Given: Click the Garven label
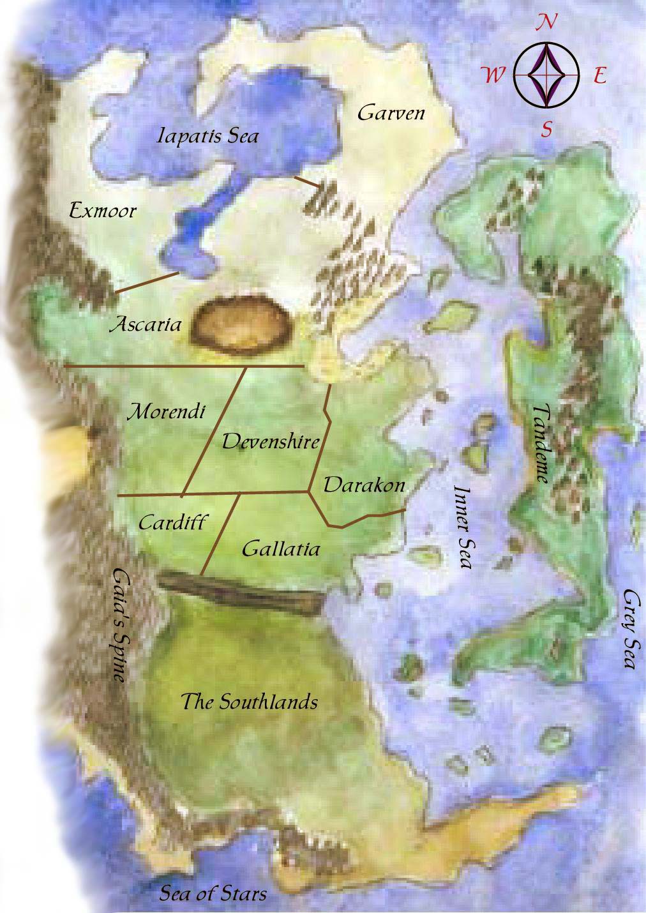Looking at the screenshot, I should coord(391,114).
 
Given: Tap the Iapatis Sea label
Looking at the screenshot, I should coord(208,136).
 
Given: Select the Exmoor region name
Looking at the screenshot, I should coord(103,210).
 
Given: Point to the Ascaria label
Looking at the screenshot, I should coord(146,324).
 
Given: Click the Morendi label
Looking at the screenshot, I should coord(167,412).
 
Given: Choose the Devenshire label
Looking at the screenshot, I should coord(270,441).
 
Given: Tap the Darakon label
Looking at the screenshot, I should coord(364,485).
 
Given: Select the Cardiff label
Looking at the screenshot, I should coord(172,522).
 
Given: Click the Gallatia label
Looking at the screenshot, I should coord(281,548).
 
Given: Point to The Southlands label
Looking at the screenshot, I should coord(249,702).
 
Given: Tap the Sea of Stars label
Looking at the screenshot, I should coord(213,893).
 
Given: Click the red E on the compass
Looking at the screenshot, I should coord(599,77).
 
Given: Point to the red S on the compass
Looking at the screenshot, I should coord(547,130).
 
